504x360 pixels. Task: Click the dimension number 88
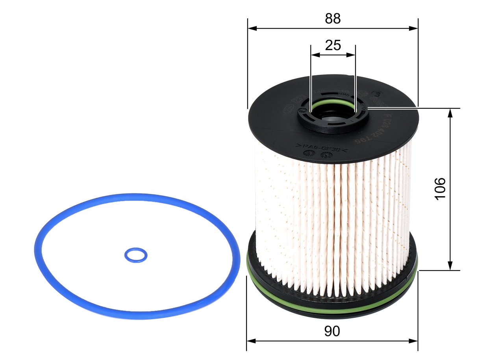333,19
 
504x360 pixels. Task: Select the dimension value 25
333,45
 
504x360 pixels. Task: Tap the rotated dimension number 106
440,188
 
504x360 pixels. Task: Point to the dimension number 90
332,331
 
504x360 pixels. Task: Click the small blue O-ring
136,255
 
